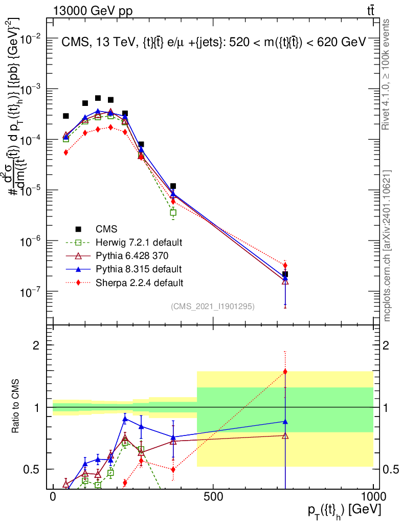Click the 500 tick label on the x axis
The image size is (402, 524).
(x=213, y=497)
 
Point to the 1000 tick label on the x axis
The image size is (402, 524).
(x=373, y=497)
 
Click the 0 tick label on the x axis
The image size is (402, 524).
(x=53, y=497)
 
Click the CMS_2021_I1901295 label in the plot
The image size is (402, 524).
(x=213, y=307)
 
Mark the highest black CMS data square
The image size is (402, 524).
(x=98, y=98)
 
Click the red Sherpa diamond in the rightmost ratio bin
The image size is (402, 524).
(x=285, y=372)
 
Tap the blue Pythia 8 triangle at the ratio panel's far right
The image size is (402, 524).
(x=285, y=421)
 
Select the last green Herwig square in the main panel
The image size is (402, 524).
(x=173, y=212)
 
